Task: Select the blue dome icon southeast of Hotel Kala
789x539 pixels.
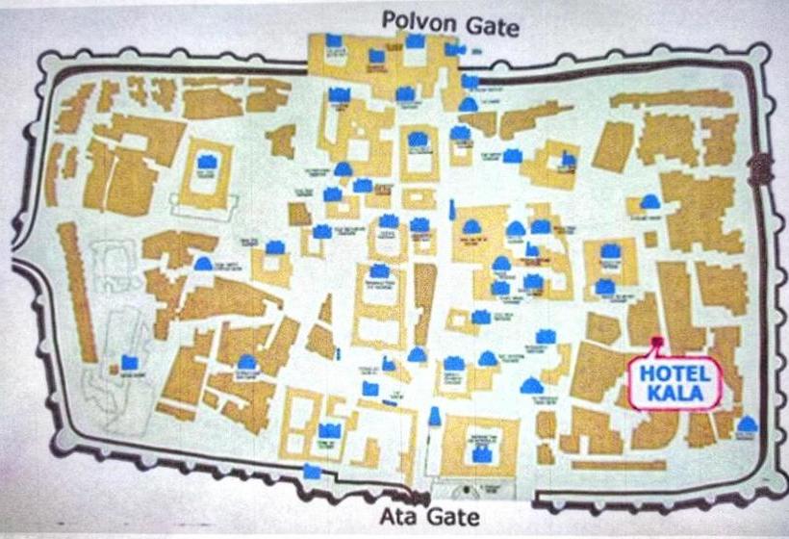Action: [x=746, y=423]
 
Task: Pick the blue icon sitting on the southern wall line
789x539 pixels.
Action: [x=311, y=472]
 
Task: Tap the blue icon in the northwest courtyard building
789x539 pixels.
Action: [x=206, y=163]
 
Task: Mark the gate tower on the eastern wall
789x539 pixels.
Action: [x=765, y=166]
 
